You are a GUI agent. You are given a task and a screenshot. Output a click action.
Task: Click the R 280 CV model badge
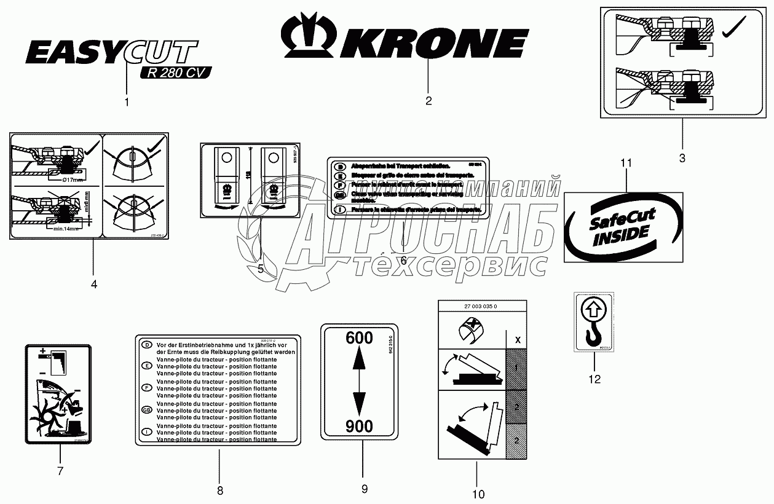[x=175, y=73]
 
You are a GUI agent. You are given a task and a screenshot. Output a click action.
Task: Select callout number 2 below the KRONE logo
[x=428, y=100]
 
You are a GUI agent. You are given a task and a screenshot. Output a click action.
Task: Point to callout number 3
[x=682, y=158]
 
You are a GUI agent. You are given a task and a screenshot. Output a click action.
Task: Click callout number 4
[x=93, y=284]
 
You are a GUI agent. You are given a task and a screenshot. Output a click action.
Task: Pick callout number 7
[x=60, y=471]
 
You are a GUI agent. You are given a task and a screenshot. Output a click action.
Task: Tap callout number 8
[x=219, y=490]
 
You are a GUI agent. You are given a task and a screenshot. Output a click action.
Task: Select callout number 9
[x=364, y=489]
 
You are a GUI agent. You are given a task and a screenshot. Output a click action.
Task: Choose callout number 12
[x=594, y=379]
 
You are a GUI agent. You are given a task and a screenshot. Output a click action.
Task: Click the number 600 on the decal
[x=359, y=338]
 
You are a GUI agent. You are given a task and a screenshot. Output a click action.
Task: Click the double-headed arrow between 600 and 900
[x=359, y=382]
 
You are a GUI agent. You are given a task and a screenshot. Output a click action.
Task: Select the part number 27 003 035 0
[x=482, y=307]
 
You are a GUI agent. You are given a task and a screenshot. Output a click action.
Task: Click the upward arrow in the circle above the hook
[x=593, y=308]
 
